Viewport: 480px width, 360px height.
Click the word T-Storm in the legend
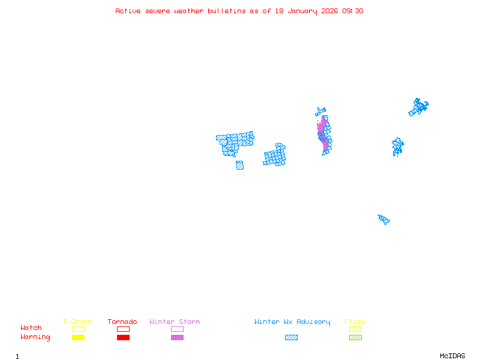77,322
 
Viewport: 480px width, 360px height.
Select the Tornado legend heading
122,322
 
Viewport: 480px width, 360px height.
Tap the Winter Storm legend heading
175,322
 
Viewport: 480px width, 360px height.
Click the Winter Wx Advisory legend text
292,322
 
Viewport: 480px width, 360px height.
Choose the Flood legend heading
355,322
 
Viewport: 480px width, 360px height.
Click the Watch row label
31,328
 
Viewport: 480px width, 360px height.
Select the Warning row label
35,337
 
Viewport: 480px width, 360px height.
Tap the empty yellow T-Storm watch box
78,329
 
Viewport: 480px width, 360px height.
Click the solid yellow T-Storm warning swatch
78,338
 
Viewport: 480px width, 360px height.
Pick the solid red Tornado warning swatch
123,338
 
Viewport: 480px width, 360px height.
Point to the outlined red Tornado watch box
123,329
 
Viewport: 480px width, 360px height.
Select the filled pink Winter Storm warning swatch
177,338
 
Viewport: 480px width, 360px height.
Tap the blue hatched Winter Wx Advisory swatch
291,338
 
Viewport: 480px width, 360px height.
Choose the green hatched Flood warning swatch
355,338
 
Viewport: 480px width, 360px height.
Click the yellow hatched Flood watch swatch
355,329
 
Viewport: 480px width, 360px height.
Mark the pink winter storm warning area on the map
324,133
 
